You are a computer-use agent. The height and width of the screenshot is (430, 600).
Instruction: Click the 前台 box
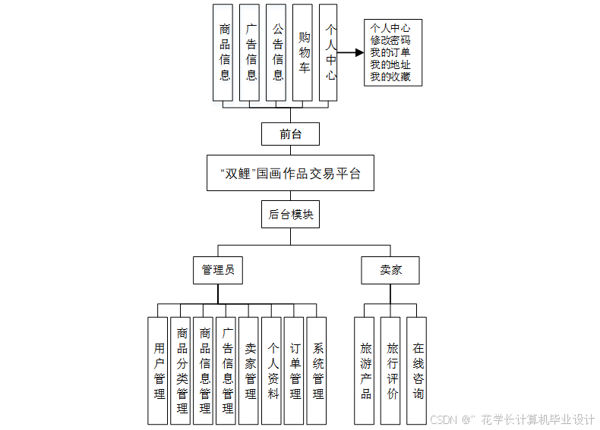[290, 134]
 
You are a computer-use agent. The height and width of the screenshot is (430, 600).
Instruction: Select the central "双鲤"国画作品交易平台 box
[290, 174]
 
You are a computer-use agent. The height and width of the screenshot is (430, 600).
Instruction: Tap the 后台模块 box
[290, 215]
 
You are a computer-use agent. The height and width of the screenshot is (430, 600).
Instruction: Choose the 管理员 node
[218, 270]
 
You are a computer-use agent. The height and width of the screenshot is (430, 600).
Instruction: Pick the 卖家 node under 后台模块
[390, 270]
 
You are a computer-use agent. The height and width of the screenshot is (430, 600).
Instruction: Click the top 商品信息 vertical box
[224, 52]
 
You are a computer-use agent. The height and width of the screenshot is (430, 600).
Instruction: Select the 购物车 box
[303, 52]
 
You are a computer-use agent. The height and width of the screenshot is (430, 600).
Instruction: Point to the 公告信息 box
[276, 52]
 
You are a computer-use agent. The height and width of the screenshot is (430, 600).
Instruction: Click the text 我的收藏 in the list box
[391, 77]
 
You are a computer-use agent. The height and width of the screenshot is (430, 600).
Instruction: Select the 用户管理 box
[158, 370]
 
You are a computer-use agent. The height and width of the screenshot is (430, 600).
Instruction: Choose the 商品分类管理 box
[181, 370]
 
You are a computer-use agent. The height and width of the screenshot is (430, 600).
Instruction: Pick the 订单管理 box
[295, 370]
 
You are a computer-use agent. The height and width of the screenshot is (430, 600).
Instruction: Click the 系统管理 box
[317, 370]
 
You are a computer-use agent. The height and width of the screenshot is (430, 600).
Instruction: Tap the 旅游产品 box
[365, 370]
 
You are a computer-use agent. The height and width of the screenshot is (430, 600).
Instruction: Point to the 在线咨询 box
[417, 370]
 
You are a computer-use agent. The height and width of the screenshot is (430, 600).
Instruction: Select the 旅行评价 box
[391, 370]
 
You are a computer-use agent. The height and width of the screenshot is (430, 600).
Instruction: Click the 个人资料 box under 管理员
[272, 370]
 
